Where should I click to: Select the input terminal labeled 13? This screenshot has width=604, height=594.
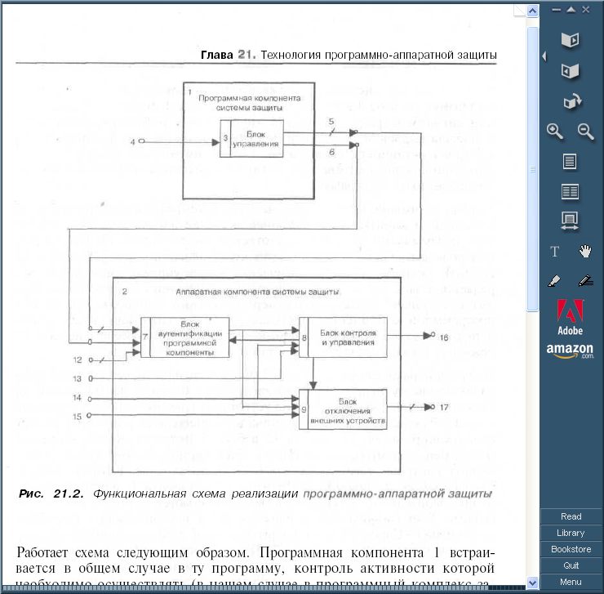pos(91,378)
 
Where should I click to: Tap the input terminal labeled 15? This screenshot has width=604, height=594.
pos(91,416)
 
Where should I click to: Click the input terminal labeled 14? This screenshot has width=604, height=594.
pos(91,398)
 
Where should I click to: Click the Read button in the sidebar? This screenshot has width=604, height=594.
pos(571,516)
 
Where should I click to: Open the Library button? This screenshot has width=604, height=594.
pos(571,533)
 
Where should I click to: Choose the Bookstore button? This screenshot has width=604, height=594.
pos(571,549)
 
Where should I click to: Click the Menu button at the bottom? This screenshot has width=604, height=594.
pos(571,582)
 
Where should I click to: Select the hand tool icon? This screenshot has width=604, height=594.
pos(584,250)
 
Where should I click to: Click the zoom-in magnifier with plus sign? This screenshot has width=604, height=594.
pos(555,131)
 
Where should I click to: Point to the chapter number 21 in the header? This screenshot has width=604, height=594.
pos(246,56)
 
